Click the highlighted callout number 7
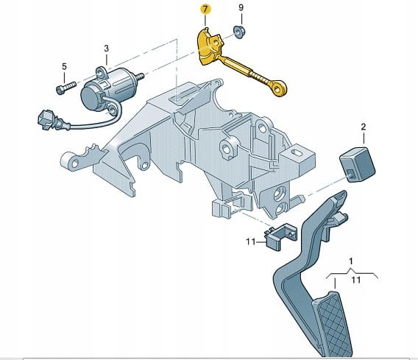(x=205, y=10)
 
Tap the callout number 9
(x=241, y=7)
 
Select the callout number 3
(x=107, y=49)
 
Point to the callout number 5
(x=64, y=66)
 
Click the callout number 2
(x=364, y=127)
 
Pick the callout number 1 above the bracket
(x=351, y=261)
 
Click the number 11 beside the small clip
(x=251, y=242)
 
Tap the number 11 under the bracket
(x=356, y=280)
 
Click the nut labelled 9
(x=239, y=32)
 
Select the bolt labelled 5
(x=65, y=88)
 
